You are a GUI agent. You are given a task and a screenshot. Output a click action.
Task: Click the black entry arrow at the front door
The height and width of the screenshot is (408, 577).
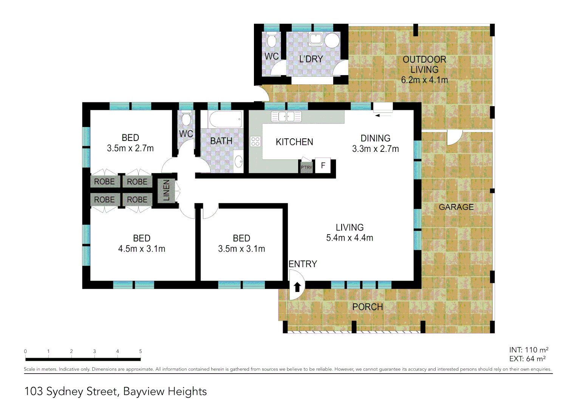(297, 287)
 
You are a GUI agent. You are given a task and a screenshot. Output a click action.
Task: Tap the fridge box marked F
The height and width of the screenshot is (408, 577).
(323, 165)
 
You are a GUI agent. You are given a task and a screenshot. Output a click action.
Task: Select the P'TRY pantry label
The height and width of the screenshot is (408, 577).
(306, 167)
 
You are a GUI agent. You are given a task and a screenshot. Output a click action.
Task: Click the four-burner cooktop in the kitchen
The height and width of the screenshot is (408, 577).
(255, 142)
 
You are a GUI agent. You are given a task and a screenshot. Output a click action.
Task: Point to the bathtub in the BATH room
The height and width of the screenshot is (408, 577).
(225, 119)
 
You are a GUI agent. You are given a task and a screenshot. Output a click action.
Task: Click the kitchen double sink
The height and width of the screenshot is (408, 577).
(286, 116)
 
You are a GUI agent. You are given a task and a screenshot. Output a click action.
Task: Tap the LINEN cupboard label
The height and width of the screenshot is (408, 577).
(166, 190)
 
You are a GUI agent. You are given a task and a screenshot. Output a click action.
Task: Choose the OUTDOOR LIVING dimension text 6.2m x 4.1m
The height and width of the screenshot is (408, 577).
(424, 80)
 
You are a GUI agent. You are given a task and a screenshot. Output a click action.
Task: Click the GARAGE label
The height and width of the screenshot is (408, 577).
(456, 207)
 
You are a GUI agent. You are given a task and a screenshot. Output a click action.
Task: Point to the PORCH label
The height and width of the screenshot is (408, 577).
(367, 307)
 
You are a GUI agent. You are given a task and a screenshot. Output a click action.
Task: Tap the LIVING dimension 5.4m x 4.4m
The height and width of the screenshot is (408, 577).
(350, 238)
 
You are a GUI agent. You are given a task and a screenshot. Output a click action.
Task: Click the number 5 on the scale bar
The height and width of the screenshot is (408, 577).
(141, 351)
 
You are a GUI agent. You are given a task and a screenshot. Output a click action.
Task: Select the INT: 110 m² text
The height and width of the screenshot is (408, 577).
(528, 350)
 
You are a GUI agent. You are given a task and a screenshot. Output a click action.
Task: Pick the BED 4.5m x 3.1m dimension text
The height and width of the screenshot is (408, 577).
(142, 249)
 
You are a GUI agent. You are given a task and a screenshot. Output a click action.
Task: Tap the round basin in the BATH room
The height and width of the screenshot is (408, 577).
(238, 162)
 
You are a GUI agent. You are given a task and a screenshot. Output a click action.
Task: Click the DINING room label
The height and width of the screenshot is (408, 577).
(375, 138)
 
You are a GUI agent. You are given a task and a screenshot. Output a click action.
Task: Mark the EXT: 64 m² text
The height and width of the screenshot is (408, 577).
(527, 359)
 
